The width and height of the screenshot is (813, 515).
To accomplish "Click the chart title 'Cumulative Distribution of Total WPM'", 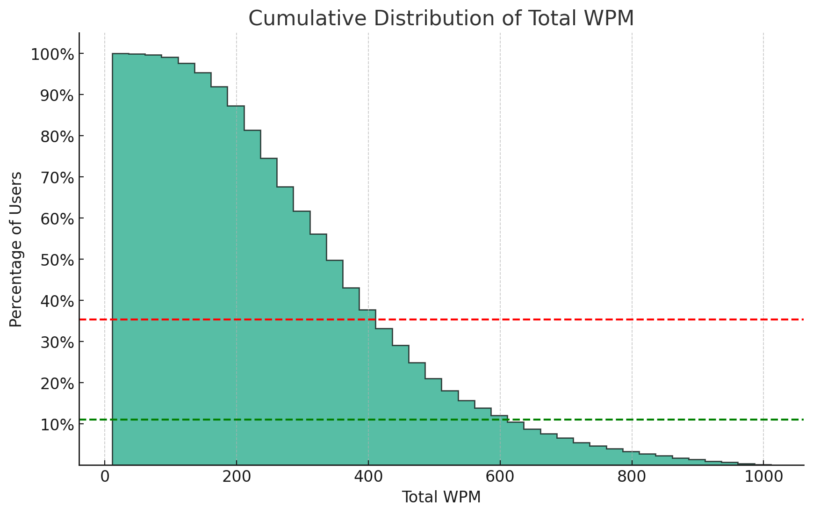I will pos(441,19).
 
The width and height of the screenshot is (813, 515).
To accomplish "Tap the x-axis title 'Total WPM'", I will pos(441,497).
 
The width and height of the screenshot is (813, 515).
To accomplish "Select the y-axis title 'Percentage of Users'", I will pos(16,249).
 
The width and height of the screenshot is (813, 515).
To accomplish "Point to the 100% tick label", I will pos(52,55).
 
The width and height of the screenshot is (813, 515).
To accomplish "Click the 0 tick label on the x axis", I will pos(105,478).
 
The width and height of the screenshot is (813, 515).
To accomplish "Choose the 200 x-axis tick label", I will pos(237,478).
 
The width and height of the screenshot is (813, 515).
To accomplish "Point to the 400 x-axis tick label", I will pos(368,478).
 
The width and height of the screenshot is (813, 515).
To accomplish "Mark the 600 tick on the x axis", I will pos(500,478).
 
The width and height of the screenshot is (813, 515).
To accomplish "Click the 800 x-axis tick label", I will pos(632,478).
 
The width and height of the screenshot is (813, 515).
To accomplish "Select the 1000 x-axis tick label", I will pos(763,478).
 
